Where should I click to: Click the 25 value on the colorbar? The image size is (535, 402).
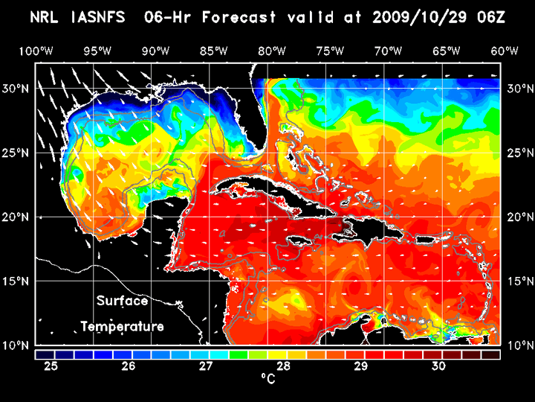pos(51,366)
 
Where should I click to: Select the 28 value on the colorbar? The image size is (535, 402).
pos(284,366)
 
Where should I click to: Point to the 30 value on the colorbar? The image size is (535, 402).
pos(438,366)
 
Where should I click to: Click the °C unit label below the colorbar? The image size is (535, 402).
pos(268,380)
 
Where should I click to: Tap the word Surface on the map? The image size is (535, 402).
pos(122,301)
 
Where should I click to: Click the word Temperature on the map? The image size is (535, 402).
pos(122,327)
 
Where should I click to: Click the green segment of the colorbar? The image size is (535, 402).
pos(239,354)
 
